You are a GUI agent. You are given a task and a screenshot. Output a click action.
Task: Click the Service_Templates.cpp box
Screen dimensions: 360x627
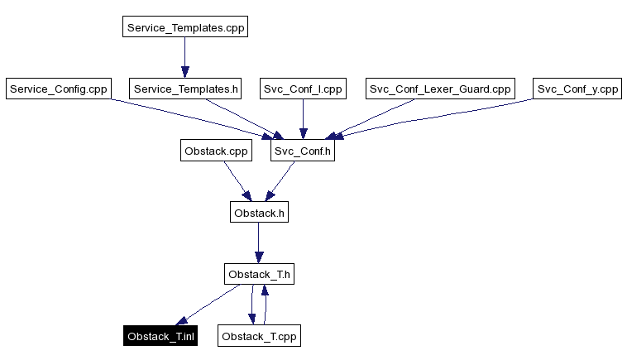[x=184, y=27]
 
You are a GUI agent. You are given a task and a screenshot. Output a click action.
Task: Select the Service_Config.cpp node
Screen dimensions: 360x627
[x=58, y=89]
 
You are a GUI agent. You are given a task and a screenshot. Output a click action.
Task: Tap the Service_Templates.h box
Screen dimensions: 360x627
[x=185, y=89]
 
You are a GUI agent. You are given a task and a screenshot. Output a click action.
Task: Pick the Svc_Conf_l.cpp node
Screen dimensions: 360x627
[x=303, y=89]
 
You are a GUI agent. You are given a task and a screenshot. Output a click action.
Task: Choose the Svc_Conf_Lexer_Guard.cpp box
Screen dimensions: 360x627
[x=440, y=89]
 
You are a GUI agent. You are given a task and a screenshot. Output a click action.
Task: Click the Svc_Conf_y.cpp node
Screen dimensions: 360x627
[x=577, y=89]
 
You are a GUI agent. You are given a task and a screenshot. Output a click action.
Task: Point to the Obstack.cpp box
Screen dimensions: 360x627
[x=217, y=151]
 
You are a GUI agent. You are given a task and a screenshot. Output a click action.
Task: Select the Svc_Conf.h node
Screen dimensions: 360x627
[x=303, y=151]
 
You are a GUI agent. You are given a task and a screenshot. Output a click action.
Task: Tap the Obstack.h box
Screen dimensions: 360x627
[x=260, y=213]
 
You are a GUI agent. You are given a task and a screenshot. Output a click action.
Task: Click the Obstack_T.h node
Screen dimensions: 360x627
[x=260, y=274]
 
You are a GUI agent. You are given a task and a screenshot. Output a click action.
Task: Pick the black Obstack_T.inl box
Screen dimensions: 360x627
[x=160, y=336]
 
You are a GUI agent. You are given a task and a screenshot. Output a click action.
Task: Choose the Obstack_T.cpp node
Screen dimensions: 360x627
[x=260, y=336]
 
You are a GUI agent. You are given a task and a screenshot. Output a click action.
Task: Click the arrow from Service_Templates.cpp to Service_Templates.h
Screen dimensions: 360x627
[x=184, y=58]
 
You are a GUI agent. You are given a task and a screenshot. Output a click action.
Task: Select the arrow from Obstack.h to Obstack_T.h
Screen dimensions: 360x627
[x=260, y=243]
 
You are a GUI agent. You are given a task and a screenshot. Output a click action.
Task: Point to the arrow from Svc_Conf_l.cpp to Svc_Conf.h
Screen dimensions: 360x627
[x=303, y=120]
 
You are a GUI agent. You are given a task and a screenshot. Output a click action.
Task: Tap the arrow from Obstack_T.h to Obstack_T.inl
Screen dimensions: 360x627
[x=208, y=305]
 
